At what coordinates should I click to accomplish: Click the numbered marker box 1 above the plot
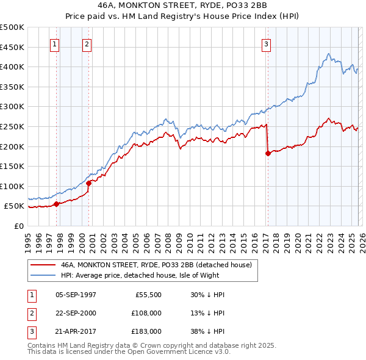pyautogui.click(x=55, y=43)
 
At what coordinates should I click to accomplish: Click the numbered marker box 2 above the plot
pyautogui.click(x=87, y=43)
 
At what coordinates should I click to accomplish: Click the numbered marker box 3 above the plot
pyautogui.click(x=267, y=43)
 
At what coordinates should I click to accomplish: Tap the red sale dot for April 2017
pyautogui.click(x=268, y=153)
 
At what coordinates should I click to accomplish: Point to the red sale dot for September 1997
pyautogui.click(x=57, y=204)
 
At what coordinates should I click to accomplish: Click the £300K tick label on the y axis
pyautogui.click(x=12, y=106)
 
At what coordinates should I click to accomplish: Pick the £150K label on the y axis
pyautogui.click(x=12, y=166)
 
